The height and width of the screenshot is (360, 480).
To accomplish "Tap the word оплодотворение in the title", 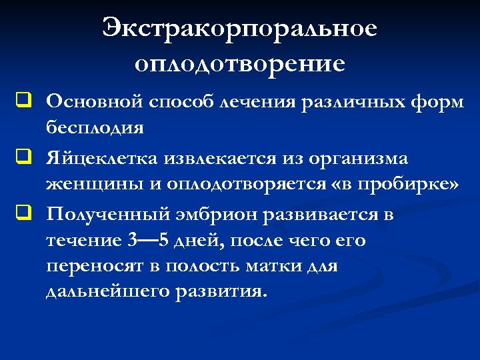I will tap(240, 64).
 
